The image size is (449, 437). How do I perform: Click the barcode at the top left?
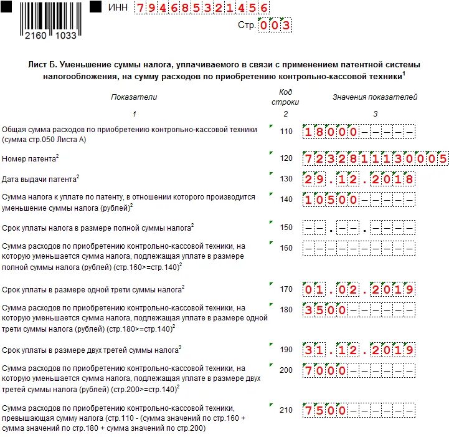[x=50, y=19]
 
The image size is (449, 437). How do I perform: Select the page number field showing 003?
[x=275, y=26]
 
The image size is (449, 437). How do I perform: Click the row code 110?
[x=286, y=132]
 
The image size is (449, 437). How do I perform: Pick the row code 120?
[x=286, y=158]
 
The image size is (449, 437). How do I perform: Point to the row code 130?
[x=286, y=179]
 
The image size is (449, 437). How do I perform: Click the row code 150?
[x=286, y=228]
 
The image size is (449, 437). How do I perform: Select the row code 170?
[x=286, y=289]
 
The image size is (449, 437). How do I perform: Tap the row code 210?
[x=286, y=410]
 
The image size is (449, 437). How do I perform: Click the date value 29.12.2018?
[x=359, y=180]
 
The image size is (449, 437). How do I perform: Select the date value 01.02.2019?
[x=359, y=290]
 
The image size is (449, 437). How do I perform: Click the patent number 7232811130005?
[x=376, y=158]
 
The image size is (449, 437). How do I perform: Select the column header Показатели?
[x=134, y=97]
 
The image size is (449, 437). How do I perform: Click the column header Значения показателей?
[x=375, y=97]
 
